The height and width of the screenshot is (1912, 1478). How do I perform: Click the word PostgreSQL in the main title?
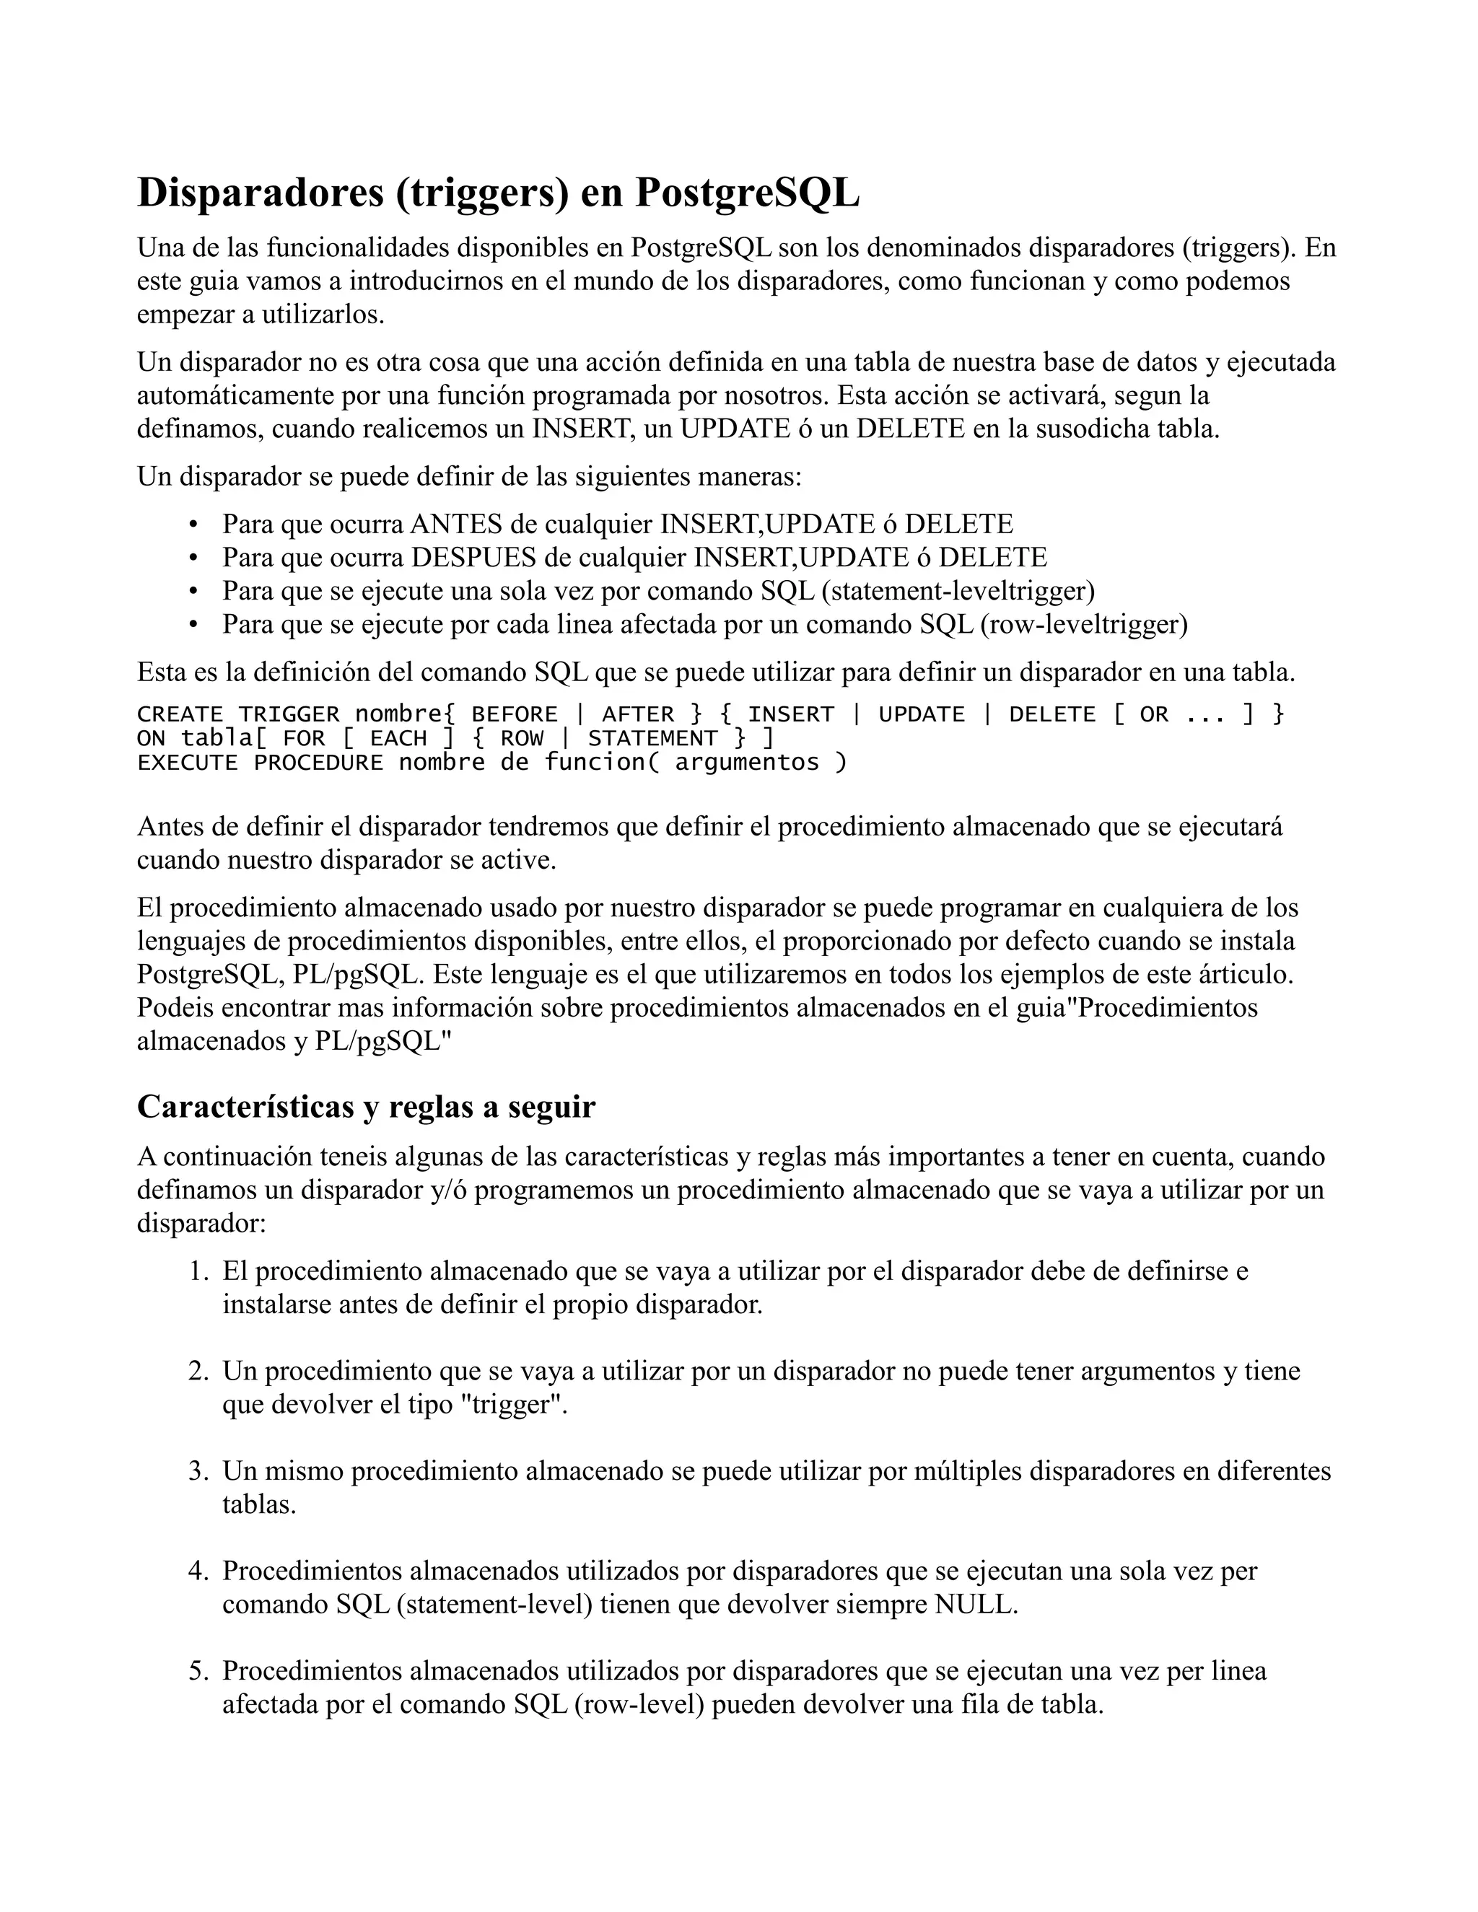point(747,193)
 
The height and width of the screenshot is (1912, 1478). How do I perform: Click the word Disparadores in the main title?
point(260,193)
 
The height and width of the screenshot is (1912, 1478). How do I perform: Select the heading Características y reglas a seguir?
point(366,1108)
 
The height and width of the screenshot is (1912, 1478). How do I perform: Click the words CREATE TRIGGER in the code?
point(237,714)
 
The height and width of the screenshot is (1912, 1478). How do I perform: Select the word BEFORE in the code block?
point(514,714)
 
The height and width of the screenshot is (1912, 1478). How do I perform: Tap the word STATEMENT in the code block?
point(652,739)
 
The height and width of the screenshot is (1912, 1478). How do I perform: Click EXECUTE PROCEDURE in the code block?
point(259,763)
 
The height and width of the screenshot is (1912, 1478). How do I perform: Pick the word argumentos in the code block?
point(747,763)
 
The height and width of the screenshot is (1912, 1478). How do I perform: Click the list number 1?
point(196,1271)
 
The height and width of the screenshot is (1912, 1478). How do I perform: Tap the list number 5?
point(196,1671)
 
